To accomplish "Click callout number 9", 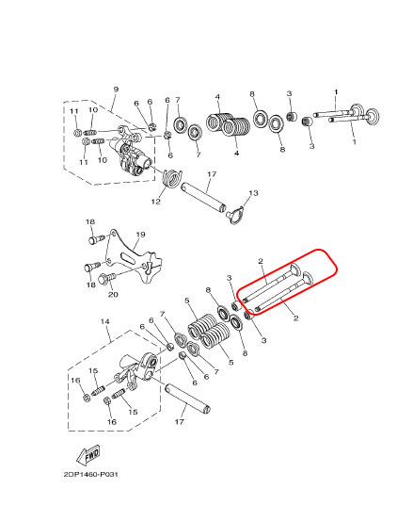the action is pyautogui.click(x=116, y=90).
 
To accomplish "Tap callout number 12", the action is pyautogui.click(x=156, y=202).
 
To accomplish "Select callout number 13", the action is pyautogui.click(x=253, y=193).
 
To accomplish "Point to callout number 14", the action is pyautogui.click(x=104, y=321).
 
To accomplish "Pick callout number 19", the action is pyautogui.click(x=140, y=235).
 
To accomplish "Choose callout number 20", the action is pyautogui.click(x=113, y=294).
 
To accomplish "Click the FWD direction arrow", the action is pyautogui.click(x=88, y=454).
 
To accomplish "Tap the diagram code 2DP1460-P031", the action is pyautogui.click(x=90, y=475).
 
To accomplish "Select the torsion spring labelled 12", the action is pyautogui.click(x=171, y=178).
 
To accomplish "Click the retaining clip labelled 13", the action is pyautogui.click(x=235, y=214).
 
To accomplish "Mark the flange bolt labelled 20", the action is pyautogui.click(x=107, y=278).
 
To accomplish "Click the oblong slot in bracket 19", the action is pyautogui.click(x=129, y=257).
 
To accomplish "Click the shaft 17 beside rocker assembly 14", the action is pyautogui.click(x=187, y=399).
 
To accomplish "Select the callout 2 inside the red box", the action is pyautogui.click(x=261, y=261).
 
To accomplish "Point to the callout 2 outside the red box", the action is pyautogui.click(x=295, y=318).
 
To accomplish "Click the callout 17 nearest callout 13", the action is pyautogui.click(x=212, y=174).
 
